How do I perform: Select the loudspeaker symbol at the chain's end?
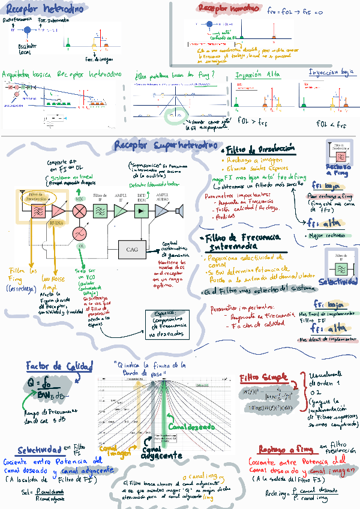[x=179, y=210]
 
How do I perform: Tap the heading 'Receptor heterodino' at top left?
[x=38, y=10]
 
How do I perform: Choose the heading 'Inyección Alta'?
[x=257, y=75]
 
